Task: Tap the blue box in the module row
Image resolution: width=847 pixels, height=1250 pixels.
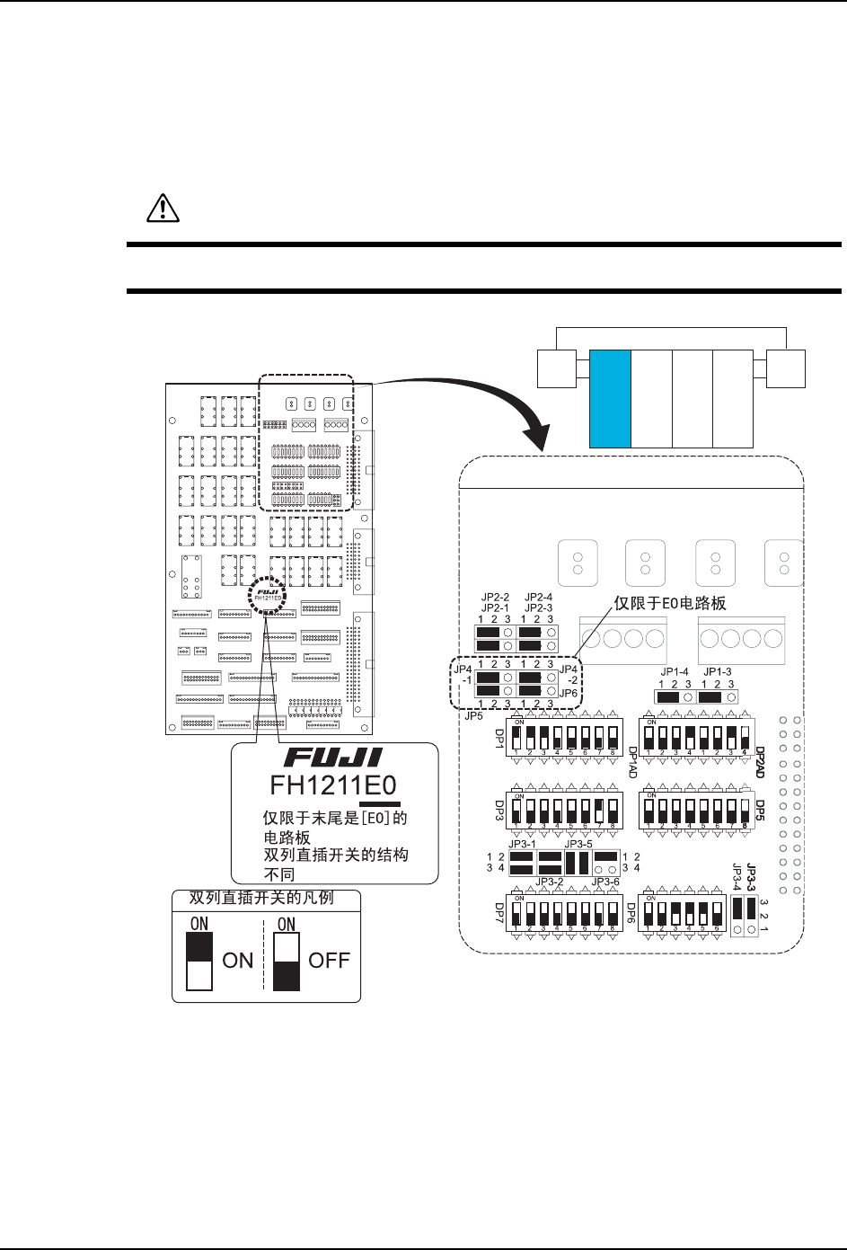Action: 611,399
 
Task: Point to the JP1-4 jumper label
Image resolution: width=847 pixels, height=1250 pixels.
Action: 672,671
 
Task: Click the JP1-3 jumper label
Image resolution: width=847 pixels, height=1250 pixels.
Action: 718,671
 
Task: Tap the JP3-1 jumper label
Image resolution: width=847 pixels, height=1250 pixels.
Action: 522,844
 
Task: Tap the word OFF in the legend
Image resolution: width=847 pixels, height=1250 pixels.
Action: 329,960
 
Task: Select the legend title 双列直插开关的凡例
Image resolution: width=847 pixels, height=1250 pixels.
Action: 260,897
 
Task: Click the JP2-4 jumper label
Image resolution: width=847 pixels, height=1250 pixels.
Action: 538,596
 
